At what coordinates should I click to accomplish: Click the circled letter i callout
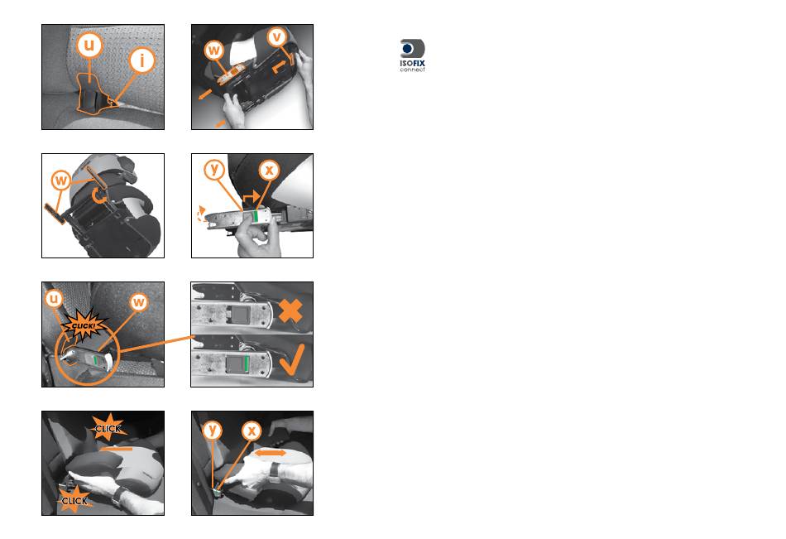click(x=141, y=60)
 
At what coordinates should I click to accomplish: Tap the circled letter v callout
click(x=276, y=36)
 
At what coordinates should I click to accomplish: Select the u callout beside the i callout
click(x=89, y=44)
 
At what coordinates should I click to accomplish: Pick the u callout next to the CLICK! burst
click(x=53, y=299)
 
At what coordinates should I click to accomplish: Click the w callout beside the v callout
click(x=214, y=51)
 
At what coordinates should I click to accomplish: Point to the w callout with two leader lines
click(x=60, y=180)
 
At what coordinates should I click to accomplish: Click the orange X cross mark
click(x=290, y=310)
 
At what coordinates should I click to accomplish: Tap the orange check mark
click(x=292, y=360)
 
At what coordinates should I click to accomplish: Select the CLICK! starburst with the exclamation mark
click(x=84, y=325)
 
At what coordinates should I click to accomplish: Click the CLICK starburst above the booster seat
click(x=108, y=427)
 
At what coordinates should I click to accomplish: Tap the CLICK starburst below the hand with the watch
click(x=74, y=500)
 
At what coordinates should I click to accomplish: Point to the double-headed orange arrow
click(x=271, y=453)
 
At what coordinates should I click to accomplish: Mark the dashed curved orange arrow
click(x=201, y=214)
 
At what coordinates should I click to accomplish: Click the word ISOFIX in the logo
click(x=413, y=63)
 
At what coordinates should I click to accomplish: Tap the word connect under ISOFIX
click(x=413, y=70)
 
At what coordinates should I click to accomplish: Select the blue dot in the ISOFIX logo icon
click(x=407, y=48)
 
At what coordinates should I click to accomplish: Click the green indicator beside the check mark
click(x=246, y=364)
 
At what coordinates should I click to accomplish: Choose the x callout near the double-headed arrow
click(x=252, y=430)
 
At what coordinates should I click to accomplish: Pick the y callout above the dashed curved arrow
click(x=214, y=170)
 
